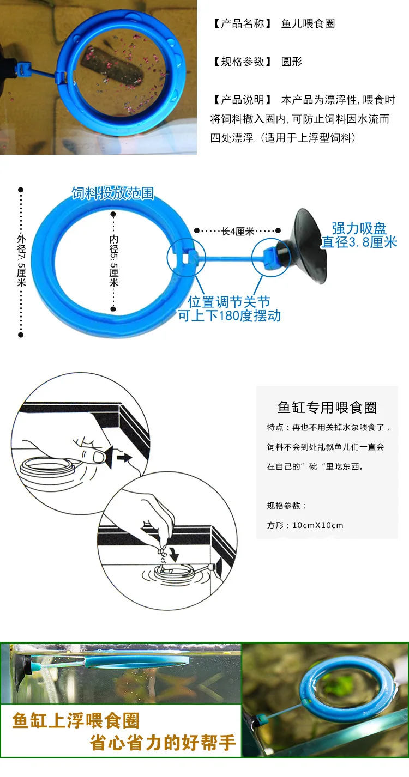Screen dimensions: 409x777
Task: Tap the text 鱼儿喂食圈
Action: click(x=308, y=24)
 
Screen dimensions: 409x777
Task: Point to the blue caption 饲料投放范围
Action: click(x=113, y=193)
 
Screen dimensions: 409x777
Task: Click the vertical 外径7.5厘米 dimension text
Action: click(x=21, y=261)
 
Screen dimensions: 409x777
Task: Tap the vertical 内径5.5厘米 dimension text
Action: click(x=113, y=261)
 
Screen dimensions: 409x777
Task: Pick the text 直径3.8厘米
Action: click(x=359, y=242)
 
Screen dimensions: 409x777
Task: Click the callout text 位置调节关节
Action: click(x=229, y=302)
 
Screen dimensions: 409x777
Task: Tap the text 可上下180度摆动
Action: click(x=229, y=315)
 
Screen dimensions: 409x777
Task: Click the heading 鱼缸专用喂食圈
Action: click(x=327, y=408)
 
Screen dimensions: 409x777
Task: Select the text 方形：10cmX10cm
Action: click(x=305, y=525)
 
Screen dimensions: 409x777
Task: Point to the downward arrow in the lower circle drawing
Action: click(x=174, y=555)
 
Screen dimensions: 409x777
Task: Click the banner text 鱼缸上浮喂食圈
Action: click(x=76, y=720)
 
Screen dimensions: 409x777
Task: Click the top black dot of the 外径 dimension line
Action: click(x=21, y=190)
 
